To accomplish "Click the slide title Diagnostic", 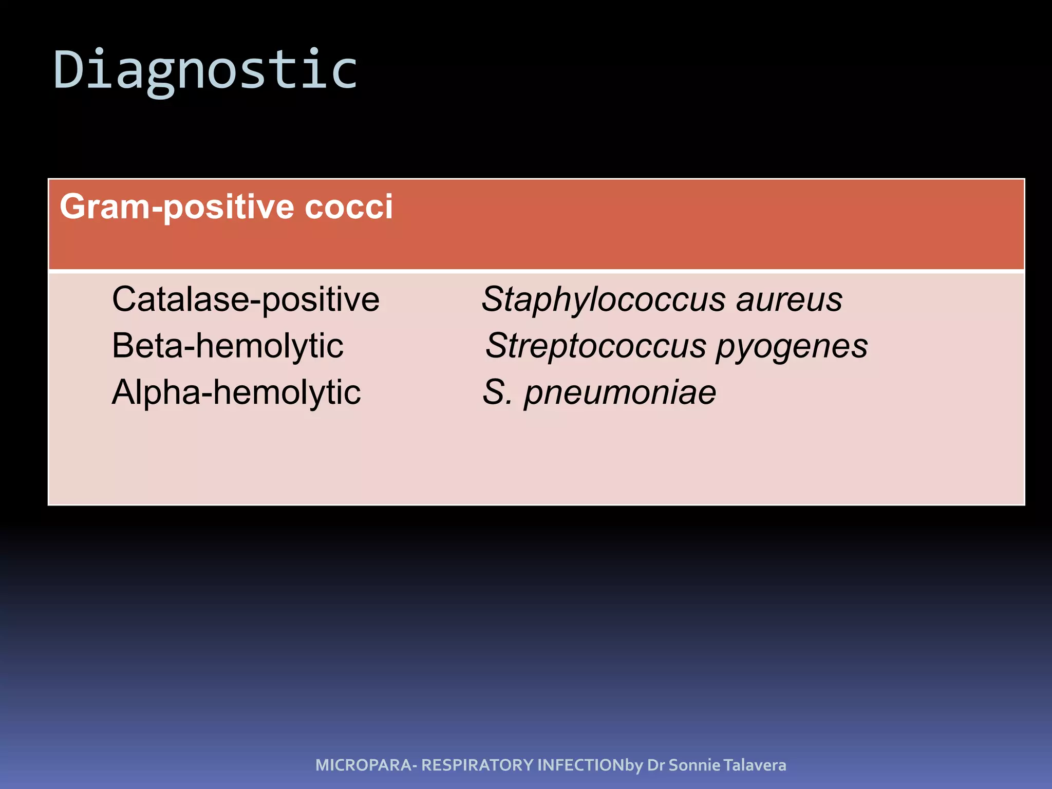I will [x=205, y=69].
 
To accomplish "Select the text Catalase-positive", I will [x=246, y=299].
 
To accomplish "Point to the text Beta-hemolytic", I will [x=228, y=346].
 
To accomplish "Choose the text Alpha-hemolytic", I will [x=236, y=392].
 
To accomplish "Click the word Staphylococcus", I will [x=603, y=299].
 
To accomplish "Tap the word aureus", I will [x=789, y=299].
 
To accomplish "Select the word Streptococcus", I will [x=596, y=346].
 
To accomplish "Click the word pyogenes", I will [x=792, y=346].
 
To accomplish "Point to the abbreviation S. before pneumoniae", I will [x=497, y=392].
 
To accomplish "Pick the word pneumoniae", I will [x=619, y=392].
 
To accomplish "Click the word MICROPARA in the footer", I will [x=363, y=765].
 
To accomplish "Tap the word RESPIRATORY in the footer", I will [x=477, y=765].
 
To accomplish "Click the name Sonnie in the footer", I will [x=694, y=765].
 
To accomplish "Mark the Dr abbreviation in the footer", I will [x=656, y=765].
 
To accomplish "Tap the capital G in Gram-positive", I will [x=72, y=207].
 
